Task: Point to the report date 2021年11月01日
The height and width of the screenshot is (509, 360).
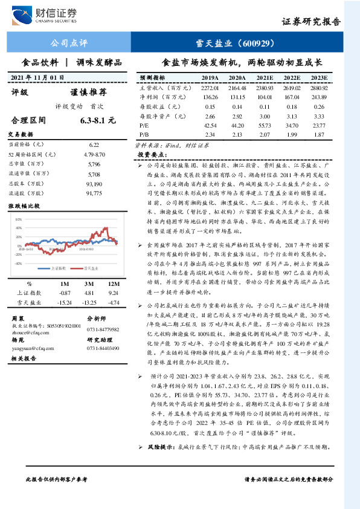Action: point(37,77)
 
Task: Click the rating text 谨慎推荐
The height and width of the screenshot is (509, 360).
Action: point(89,92)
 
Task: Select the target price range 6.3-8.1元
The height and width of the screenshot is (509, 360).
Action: point(97,120)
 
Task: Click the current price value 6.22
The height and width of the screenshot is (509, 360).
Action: point(94,145)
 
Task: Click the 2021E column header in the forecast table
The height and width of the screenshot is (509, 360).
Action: point(264,78)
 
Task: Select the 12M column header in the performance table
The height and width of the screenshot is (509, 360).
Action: point(114,284)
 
